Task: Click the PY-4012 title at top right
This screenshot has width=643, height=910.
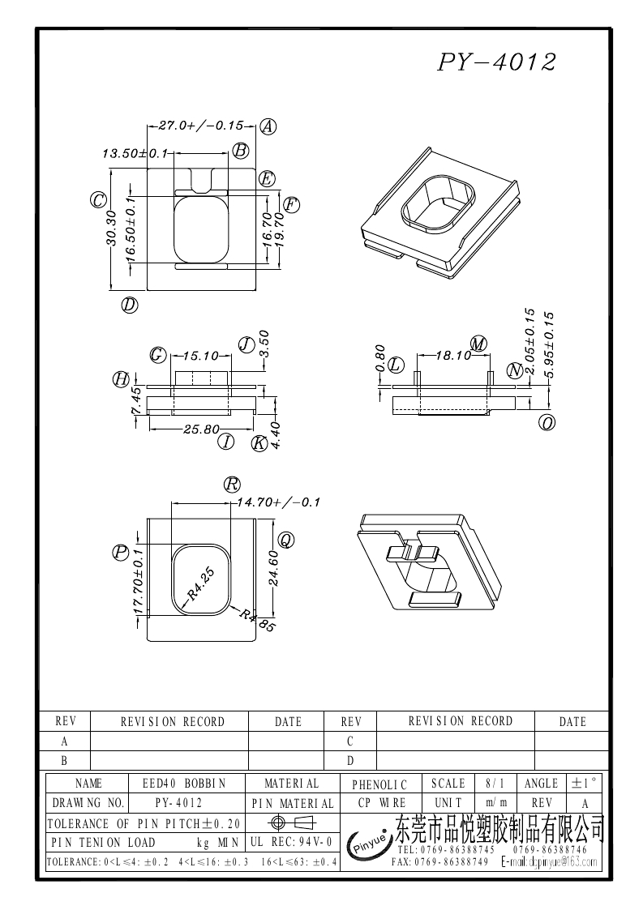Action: [497, 62]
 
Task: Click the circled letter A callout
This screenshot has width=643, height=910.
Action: [268, 126]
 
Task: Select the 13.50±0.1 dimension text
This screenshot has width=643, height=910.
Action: [135, 152]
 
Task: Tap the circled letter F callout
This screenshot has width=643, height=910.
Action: [292, 205]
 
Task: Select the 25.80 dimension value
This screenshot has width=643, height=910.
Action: [202, 429]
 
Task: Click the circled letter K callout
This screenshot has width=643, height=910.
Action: [259, 443]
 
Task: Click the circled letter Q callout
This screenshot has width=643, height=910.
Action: [285, 540]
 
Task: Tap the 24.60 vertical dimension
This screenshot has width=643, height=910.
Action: [273, 568]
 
